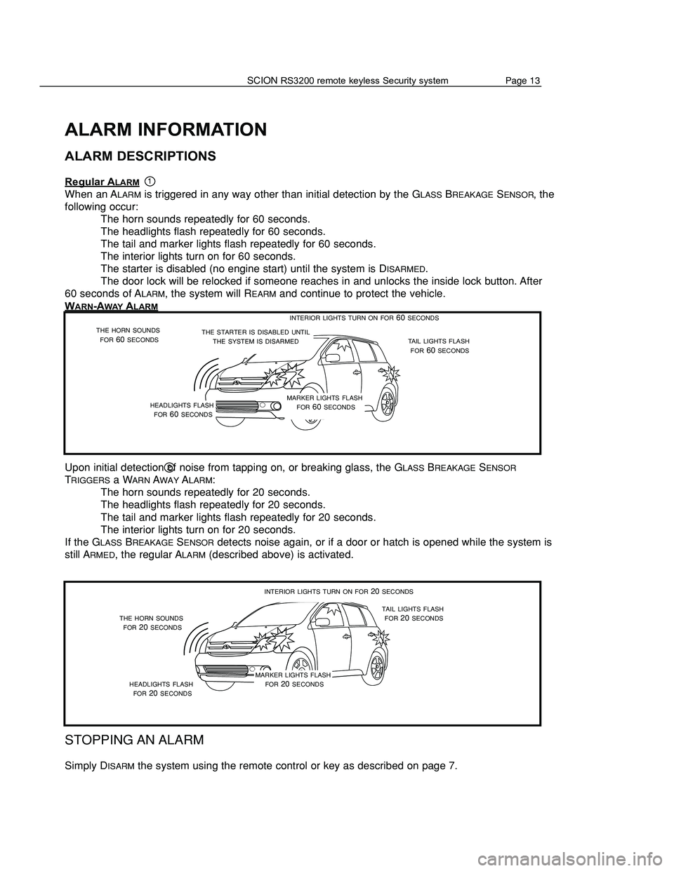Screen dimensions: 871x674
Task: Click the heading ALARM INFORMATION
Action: point(165,130)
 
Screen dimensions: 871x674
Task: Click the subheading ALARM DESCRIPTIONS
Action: point(140,156)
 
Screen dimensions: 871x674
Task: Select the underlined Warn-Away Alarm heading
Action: point(110,306)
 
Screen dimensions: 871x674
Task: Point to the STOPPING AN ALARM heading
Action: point(134,740)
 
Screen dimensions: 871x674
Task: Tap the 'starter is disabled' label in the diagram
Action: point(256,336)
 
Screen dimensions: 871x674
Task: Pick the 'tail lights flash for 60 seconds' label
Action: point(439,345)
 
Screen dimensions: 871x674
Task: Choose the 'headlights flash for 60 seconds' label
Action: point(182,410)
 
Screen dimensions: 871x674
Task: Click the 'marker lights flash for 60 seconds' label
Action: point(325,403)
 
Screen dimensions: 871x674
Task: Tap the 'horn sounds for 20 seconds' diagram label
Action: point(152,622)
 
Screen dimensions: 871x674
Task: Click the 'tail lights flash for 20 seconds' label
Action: point(413,614)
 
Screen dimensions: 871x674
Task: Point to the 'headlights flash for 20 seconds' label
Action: point(161,688)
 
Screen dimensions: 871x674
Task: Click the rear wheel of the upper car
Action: point(385,404)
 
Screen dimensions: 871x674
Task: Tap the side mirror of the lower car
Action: point(324,622)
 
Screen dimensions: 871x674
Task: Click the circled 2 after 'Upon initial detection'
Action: point(170,468)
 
